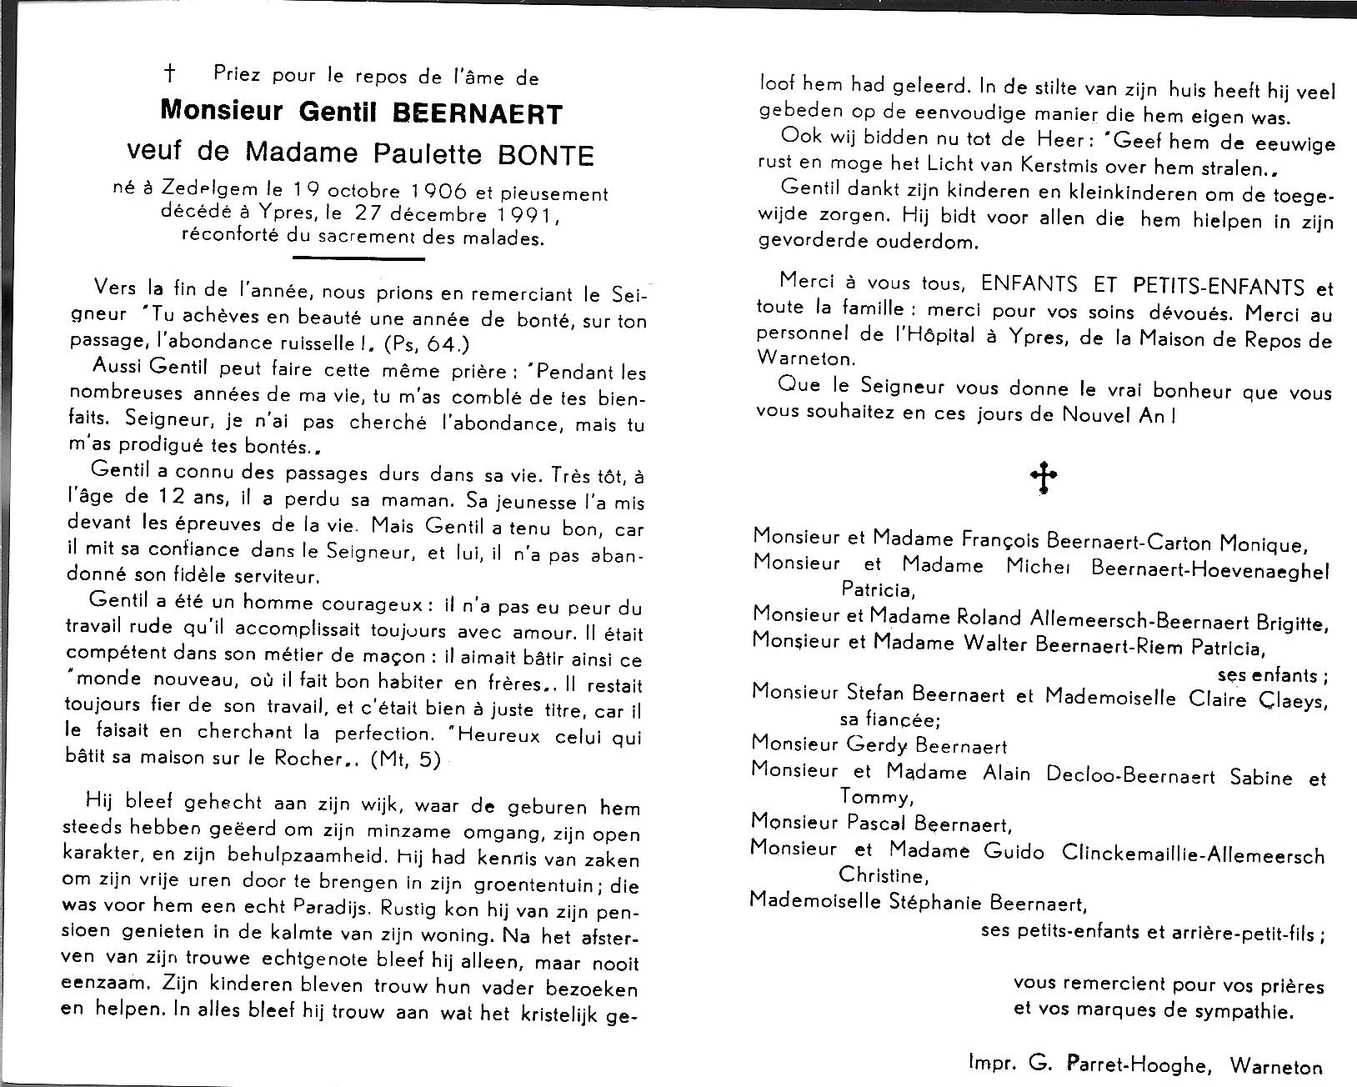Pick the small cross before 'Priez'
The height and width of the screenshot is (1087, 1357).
point(170,75)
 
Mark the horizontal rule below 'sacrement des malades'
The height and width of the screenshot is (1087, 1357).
point(359,258)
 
